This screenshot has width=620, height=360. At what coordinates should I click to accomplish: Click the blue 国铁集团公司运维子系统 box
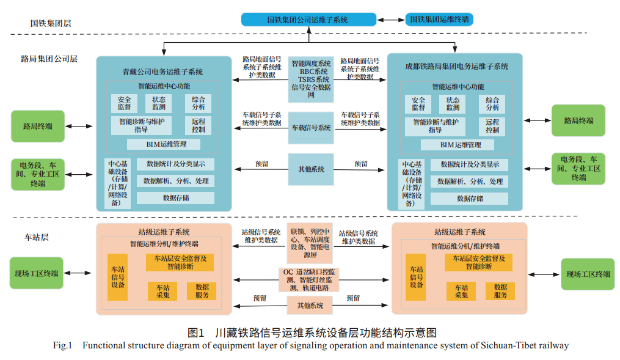[x=308, y=20]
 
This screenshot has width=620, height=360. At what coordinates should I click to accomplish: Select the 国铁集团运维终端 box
[x=440, y=20]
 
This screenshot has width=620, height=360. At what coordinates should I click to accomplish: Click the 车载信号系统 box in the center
[x=311, y=128]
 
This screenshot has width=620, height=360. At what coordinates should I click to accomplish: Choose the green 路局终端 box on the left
[x=37, y=127]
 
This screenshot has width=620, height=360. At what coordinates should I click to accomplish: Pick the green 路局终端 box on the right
[x=578, y=120]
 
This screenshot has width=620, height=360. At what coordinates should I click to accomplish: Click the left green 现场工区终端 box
[x=37, y=273]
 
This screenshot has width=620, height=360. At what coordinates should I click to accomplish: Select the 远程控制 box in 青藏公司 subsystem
[x=198, y=125]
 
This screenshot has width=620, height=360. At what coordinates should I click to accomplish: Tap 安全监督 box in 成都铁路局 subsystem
[x=418, y=104]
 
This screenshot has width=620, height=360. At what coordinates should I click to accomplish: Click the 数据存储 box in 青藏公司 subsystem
[x=175, y=198]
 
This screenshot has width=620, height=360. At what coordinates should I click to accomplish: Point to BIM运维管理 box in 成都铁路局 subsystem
[x=460, y=145]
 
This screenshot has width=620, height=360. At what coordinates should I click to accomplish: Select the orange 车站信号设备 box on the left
[x=118, y=277]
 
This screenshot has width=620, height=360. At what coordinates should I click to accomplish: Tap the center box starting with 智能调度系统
[x=311, y=79]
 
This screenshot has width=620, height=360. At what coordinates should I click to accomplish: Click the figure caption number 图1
[x=196, y=333]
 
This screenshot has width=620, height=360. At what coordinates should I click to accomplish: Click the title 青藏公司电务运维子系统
[x=162, y=72]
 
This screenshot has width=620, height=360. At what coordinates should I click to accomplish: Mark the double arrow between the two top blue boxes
[x=391, y=20]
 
